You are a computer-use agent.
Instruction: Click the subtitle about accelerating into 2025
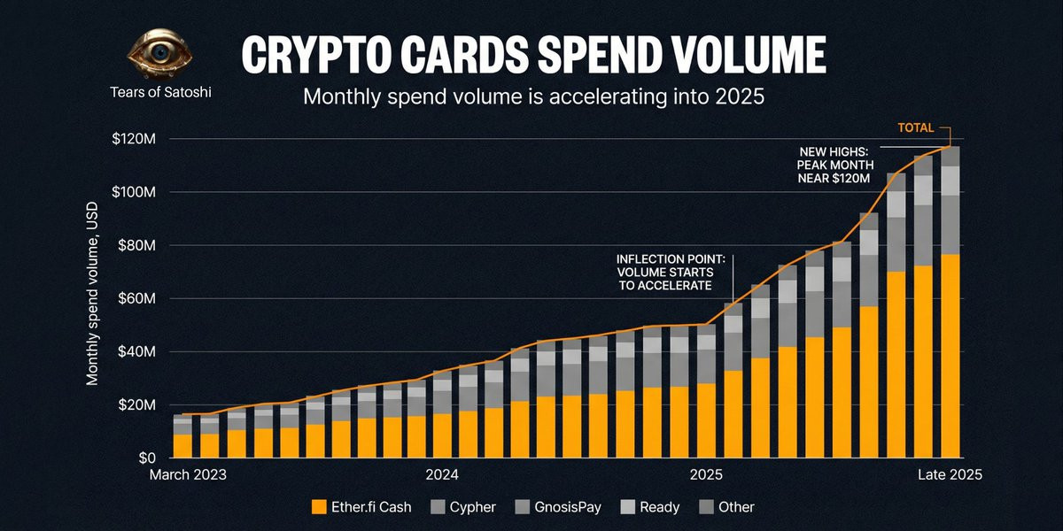(533, 96)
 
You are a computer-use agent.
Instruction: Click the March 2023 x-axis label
(187, 474)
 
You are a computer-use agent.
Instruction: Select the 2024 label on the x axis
(441, 474)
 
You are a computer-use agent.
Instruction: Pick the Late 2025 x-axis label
(949, 474)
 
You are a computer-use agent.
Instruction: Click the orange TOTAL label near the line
(915, 127)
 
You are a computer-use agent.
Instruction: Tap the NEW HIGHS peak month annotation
(835, 165)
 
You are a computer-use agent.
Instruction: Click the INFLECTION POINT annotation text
(671, 273)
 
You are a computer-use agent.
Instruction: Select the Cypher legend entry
(463, 507)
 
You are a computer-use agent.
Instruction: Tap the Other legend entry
(727, 507)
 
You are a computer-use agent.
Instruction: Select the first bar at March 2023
(182, 435)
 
